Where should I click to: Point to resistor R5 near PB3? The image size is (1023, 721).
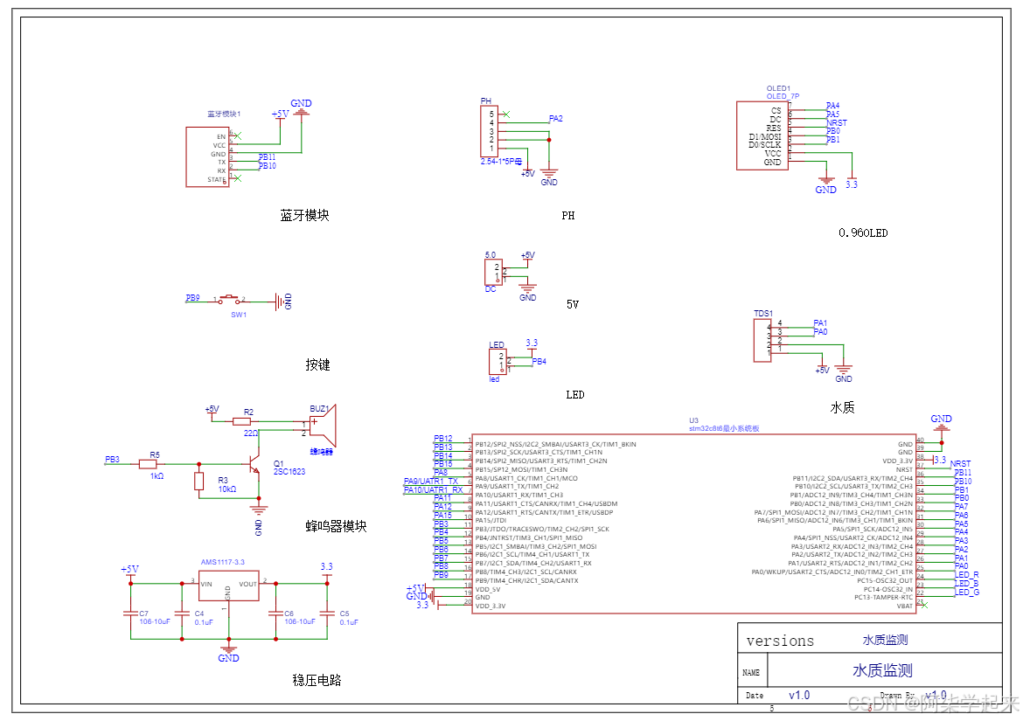[x=147, y=465]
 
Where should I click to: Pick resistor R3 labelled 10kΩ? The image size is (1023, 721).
[x=198, y=481]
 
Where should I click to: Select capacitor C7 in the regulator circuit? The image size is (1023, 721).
[x=130, y=613]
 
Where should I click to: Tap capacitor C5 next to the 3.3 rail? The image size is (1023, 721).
[x=327, y=613]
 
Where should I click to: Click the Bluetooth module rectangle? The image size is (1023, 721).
[x=208, y=157]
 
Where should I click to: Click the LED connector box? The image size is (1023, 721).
[x=497, y=361]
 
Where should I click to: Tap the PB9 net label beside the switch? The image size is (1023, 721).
[x=192, y=298]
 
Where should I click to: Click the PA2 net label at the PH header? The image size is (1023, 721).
[x=555, y=119]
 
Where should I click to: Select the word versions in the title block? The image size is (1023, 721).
[x=780, y=641]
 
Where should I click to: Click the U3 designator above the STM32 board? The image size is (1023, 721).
[x=694, y=420]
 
